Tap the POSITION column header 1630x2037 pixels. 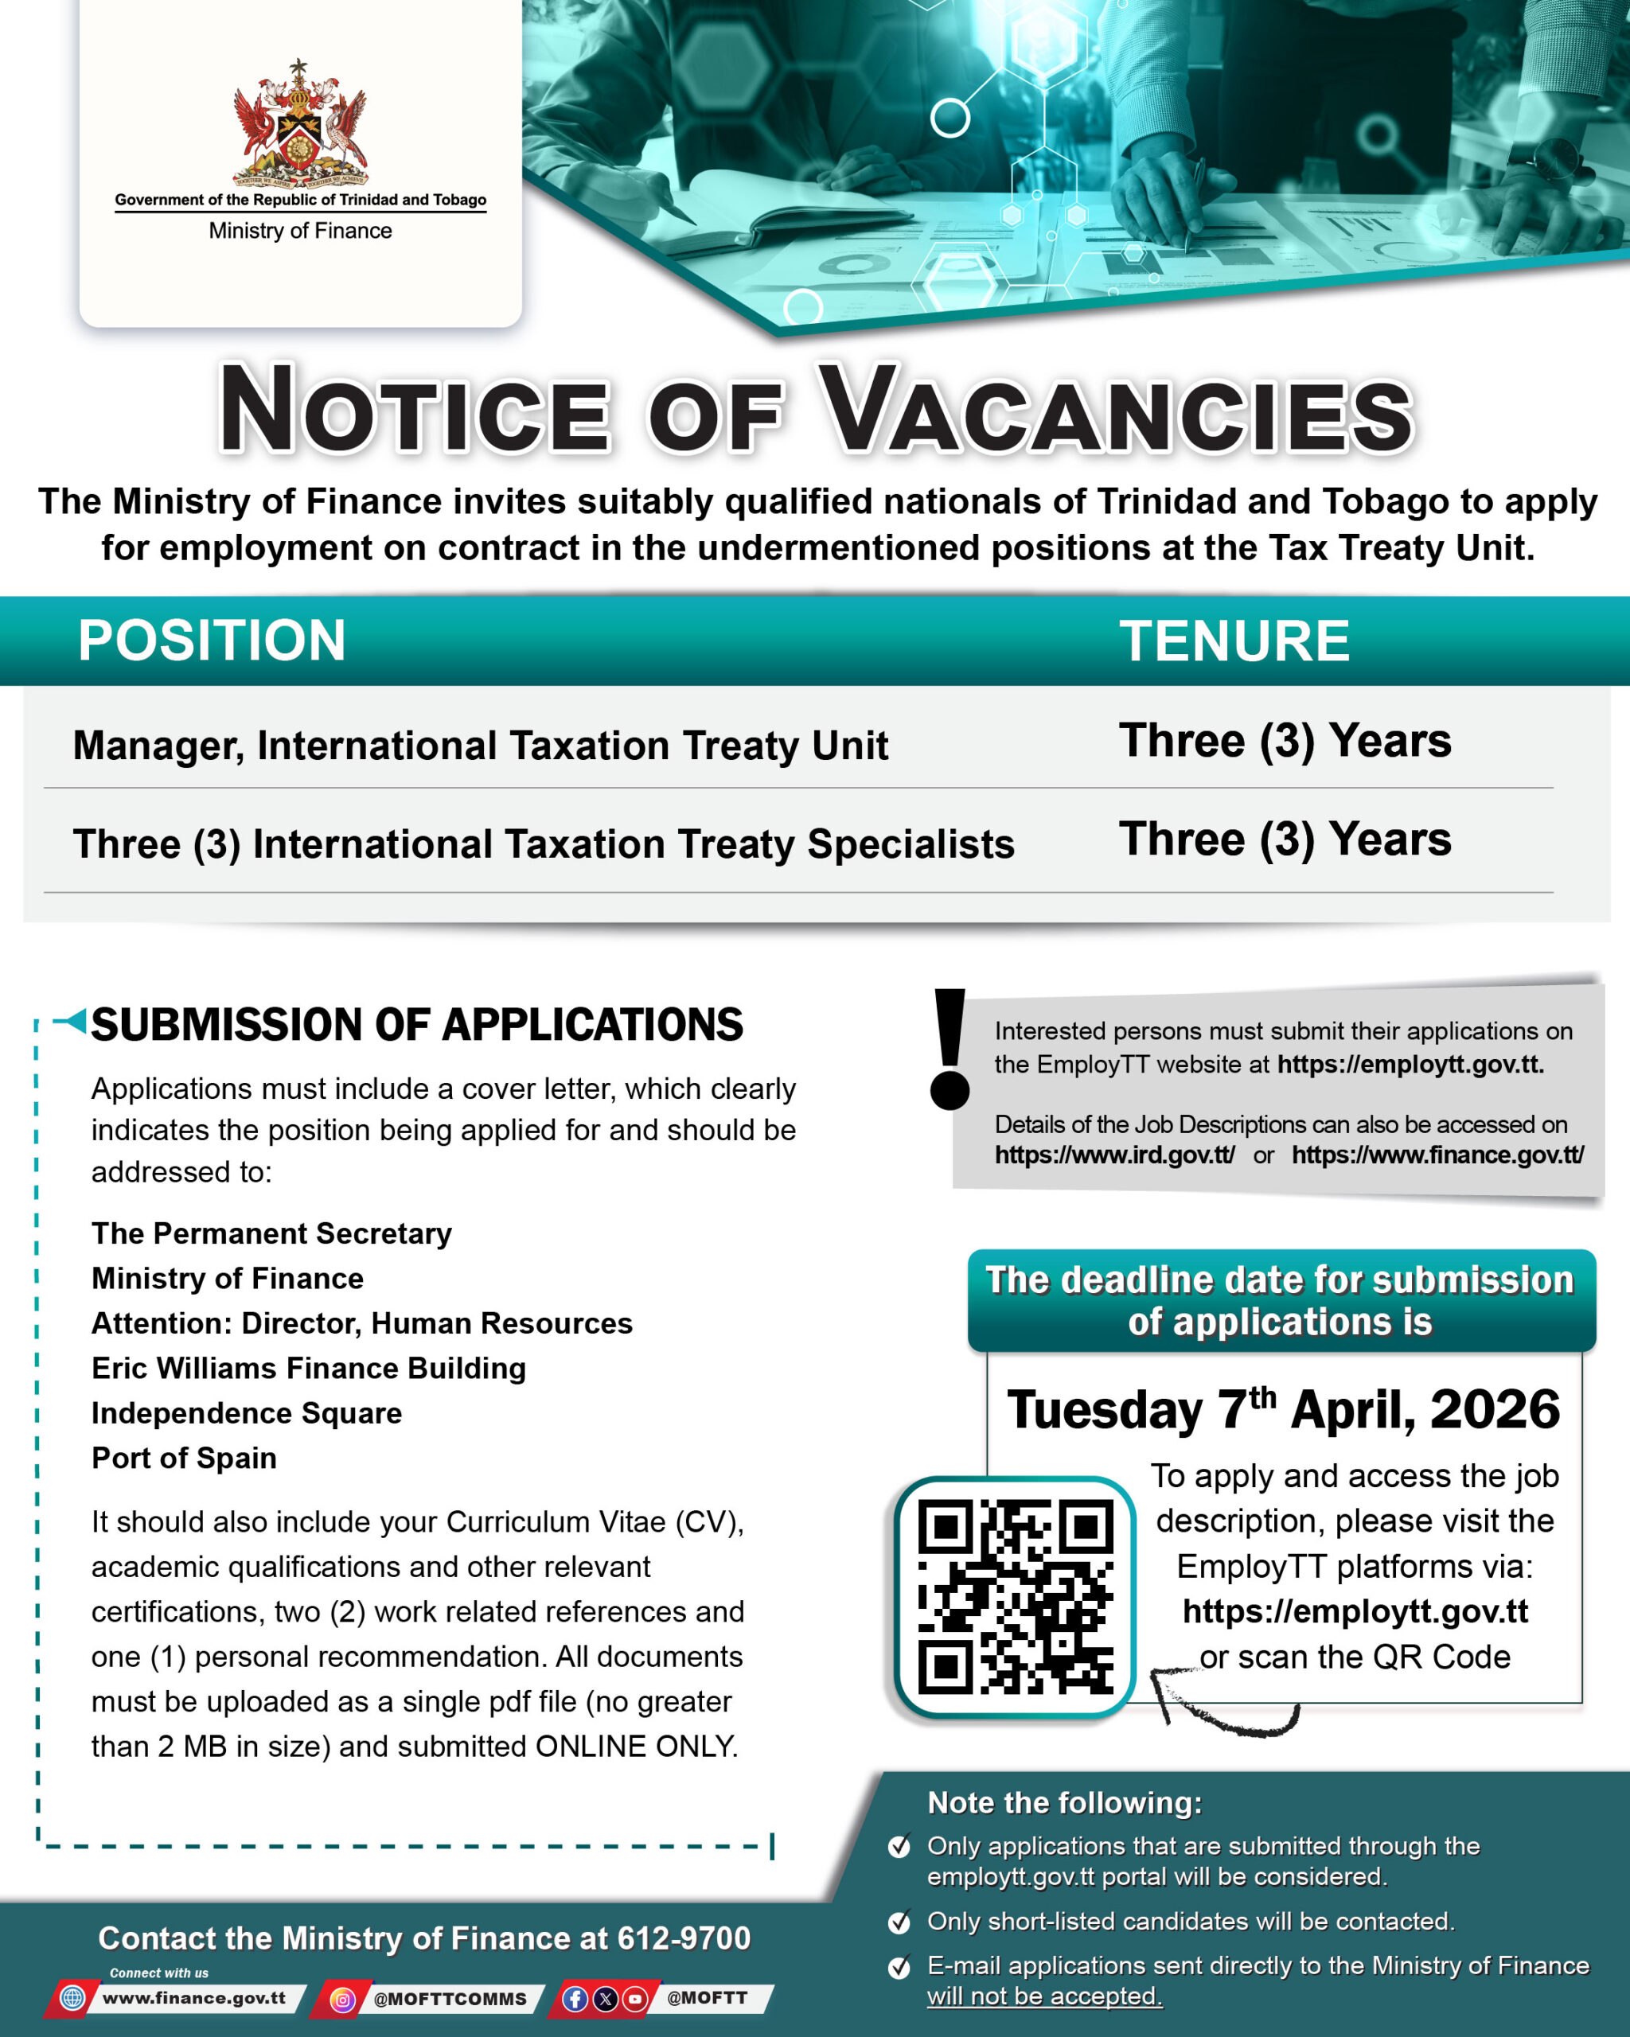212,640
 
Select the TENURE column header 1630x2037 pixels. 1234,641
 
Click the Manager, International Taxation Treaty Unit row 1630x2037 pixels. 480,746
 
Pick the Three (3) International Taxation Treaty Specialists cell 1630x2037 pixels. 544,843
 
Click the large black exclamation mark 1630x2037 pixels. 950,1049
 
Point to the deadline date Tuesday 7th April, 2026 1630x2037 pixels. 1282,1410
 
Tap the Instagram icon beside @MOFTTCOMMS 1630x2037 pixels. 343,1998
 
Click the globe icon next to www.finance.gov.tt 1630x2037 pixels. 72,1997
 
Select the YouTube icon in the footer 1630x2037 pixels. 635,1998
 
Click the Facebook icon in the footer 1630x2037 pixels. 575,1998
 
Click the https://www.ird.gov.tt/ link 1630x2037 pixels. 1114,1155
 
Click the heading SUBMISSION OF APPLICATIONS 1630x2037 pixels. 417,1025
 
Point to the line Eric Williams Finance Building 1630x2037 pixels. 308,1368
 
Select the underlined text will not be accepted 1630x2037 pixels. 1044,1996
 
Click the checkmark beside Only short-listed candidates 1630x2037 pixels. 899,1922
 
